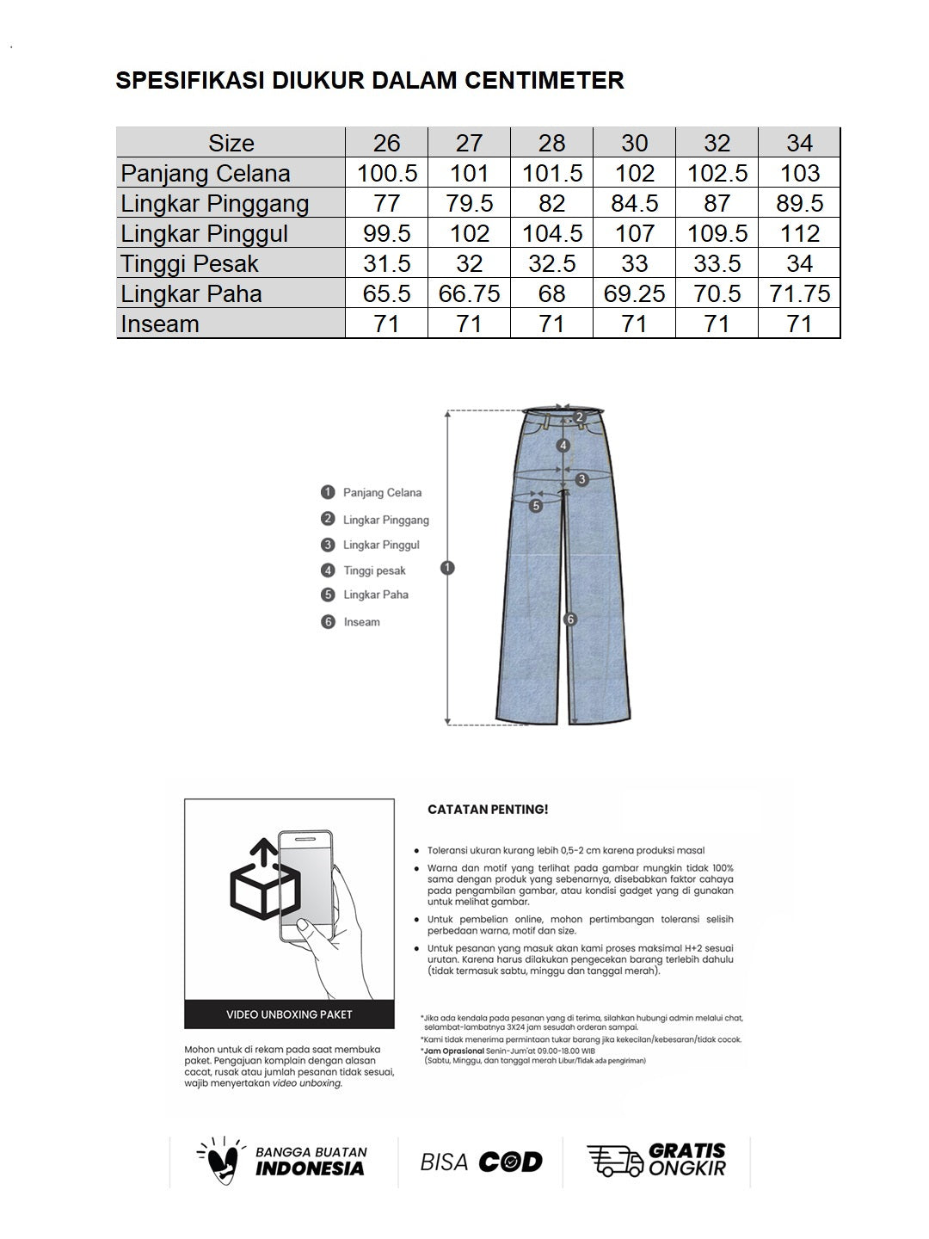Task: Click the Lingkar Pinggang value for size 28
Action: coord(551,203)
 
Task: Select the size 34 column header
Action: coord(799,143)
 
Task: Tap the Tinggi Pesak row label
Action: coord(189,263)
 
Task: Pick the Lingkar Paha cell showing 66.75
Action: coord(469,293)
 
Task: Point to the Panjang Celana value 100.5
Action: coord(387,173)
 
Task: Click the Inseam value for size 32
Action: coord(717,324)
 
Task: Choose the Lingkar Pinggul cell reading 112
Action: coord(799,233)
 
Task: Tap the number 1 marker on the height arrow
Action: coord(447,568)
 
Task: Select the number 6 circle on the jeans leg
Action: coord(569,619)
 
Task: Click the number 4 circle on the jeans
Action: coord(563,446)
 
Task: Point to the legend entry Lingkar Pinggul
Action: coord(381,545)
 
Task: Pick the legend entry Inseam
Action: coord(361,622)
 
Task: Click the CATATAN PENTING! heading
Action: coord(488,810)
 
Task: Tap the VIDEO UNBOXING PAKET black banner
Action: coord(289,1014)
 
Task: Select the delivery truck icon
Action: coord(614,1161)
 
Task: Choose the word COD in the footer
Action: coord(510,1162)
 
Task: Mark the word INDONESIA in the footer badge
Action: coord(310,1168)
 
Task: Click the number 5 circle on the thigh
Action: coord(536,506)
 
